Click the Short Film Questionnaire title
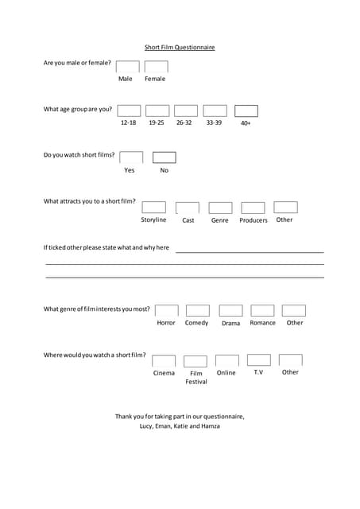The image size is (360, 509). point(180,47)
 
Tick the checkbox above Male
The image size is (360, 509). point(127,67)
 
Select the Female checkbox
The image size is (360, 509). point(156,67)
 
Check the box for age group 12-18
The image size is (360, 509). point(129,111)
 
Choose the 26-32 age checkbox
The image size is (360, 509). point(186,111)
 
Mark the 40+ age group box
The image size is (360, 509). point(246,111)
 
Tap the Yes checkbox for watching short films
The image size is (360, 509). point(131,157)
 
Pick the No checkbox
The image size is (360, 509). point(165,157)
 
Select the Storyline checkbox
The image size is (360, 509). point(154,207)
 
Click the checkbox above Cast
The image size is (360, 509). point(188,208)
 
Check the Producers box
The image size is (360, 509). point(253,208)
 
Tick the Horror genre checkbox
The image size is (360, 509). point(167,310)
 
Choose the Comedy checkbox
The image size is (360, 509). point(198,310)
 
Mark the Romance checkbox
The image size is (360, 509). point(262,310)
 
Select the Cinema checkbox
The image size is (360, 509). point(164,360)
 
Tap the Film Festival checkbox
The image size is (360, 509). point(195,361)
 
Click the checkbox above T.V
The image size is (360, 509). point(258,360)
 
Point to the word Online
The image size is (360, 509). point(226,372)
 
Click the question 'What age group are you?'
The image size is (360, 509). point(78,109)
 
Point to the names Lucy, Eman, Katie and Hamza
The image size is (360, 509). point(180,426)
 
